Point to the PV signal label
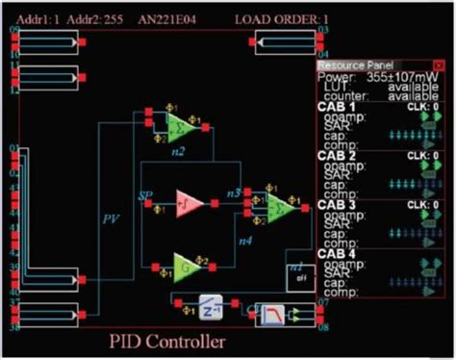111,219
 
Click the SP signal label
145,195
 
